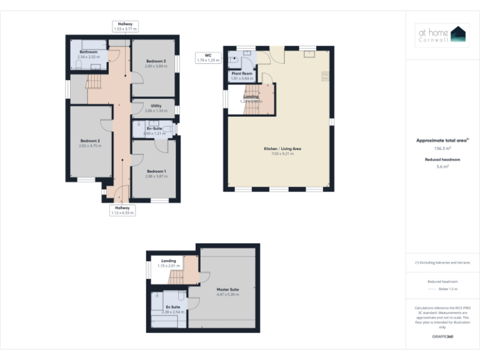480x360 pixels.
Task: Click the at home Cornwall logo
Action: tap(442, 35)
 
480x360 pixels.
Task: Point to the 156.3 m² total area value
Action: tap(442, 148)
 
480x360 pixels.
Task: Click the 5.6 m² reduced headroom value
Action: tap(442, 167)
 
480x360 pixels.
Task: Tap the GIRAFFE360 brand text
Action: tap(442, 337)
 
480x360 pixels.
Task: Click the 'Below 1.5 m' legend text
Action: tap(448, 289)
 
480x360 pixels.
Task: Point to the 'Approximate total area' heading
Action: tap(442, 141)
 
